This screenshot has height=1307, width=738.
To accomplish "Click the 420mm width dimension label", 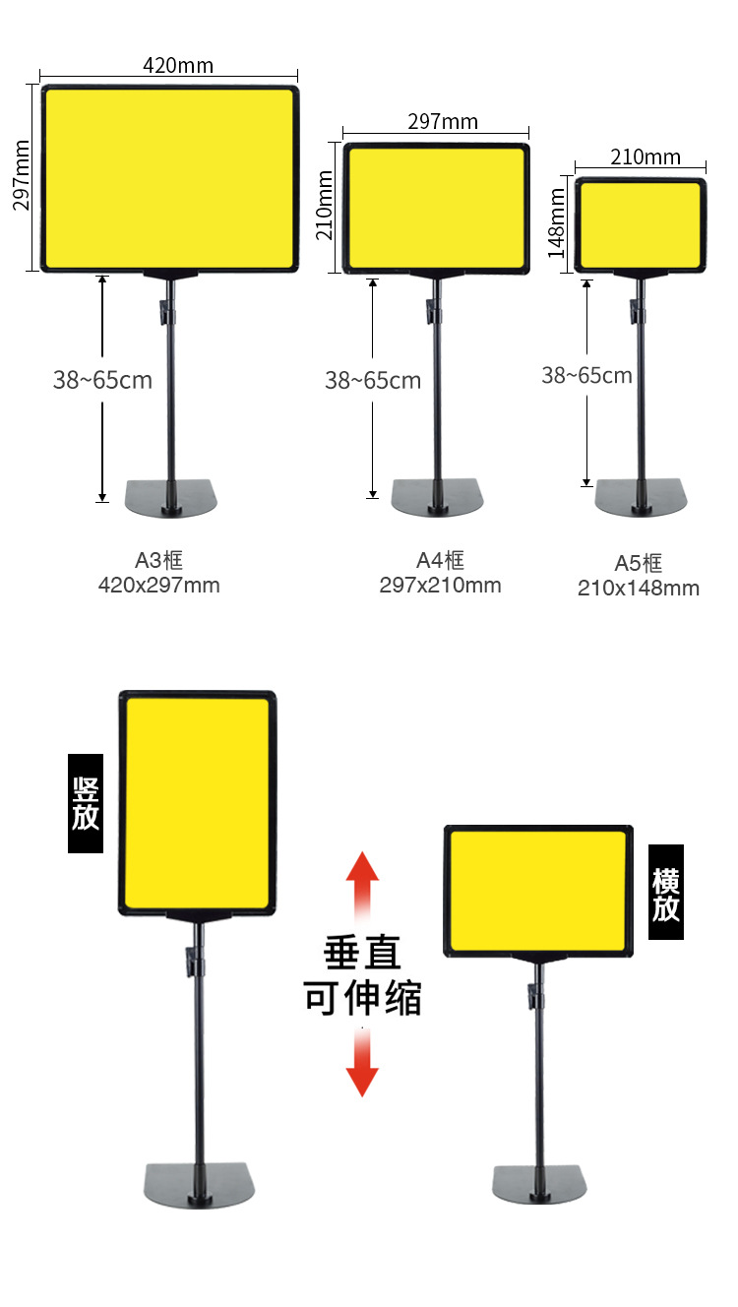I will [x=178, y=66].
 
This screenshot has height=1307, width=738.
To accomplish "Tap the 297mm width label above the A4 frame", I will [x=443, y=121].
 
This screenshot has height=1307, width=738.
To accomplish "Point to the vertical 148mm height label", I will [x=558, y=224].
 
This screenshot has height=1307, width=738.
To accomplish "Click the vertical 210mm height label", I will [x=325, y=205].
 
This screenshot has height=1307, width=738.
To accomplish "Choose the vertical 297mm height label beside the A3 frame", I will [x=22, y=174].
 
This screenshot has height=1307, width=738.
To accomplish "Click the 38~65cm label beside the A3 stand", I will [x=102, y=380].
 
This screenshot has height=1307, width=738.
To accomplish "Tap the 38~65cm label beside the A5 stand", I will [x=586, y=375].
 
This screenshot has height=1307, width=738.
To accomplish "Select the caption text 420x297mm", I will [x=159, y=586].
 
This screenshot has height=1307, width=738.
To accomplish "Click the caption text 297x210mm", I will [x=440, y=586].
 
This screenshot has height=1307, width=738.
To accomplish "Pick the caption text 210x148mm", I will [x=639, y=589].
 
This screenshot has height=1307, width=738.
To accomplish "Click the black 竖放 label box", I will [x=86, y=803].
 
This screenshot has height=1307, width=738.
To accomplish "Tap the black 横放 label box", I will [x=666, y=892].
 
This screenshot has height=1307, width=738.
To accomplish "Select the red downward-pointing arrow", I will [x=362, y=1066].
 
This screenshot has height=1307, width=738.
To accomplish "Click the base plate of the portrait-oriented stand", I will [x=200, y=1184].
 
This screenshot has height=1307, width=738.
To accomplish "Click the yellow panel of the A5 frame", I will [x=641, y=225].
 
